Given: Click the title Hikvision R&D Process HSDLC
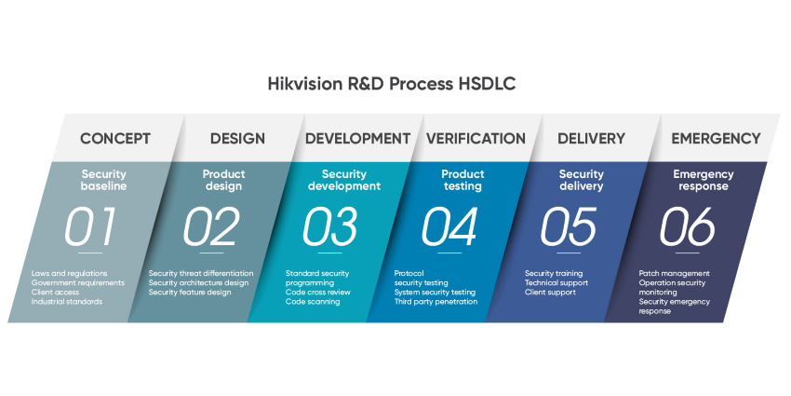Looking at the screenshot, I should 392,84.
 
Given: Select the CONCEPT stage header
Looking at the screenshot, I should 115,139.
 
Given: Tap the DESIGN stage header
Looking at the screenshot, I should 237,139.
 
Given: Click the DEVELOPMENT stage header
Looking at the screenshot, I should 357,139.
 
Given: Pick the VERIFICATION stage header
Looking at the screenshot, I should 476,139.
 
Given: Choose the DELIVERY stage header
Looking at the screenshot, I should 591,139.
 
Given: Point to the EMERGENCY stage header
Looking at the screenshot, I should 716,139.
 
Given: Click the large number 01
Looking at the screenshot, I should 91,226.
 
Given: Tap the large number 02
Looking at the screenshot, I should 211,226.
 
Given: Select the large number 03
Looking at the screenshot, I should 329,226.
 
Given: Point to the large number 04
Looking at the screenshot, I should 449,226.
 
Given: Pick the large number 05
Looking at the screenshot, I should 569,226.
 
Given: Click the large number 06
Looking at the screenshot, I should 688,226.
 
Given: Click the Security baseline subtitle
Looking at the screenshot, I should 103,180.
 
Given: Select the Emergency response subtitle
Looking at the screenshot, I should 703,180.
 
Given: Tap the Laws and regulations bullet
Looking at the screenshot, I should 69,274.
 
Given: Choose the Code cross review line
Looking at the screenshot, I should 317,293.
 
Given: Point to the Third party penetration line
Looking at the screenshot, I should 436,302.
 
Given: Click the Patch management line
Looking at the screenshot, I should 674,274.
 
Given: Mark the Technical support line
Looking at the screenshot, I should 556,283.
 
